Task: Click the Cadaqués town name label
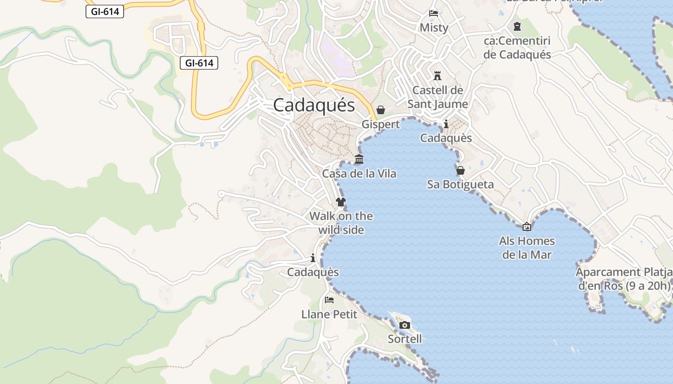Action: point(314,105)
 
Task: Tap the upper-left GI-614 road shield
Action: point(105,12)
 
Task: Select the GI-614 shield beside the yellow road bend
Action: point(199,62)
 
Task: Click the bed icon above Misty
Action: point(434,13)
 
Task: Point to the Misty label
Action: point(434,27)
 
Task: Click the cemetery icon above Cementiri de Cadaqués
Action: point(517,26)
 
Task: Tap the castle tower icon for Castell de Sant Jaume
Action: point(437,76)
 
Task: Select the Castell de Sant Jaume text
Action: point(437,97)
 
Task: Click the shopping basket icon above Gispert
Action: point(381,110)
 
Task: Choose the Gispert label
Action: point(381,124)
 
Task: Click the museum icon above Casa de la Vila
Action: point(359,159)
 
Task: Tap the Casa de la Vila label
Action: point(359,173)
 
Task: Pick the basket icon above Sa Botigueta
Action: point(461,170)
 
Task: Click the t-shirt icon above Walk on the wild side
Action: point(341,202)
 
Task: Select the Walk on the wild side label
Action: point(341,223)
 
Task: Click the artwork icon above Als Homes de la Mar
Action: point(527,227)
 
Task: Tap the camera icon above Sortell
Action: point(405,325)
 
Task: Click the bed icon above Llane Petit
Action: point(329,300)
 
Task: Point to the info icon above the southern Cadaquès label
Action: point(313,258)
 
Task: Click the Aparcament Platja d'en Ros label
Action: point(624,279)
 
